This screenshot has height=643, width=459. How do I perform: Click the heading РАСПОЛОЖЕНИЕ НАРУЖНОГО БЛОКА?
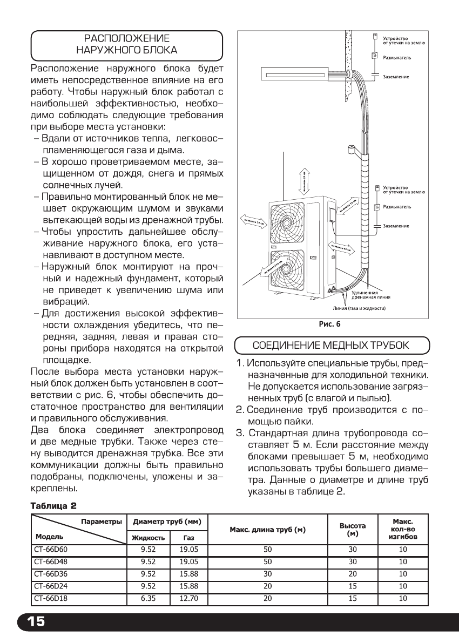[127, 45]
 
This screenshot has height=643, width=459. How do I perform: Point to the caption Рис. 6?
[329, 324]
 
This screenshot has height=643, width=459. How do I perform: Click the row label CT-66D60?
[49, 549]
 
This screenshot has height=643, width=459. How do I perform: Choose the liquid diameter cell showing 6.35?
[148, 598]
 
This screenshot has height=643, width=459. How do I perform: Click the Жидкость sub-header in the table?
[148, 538]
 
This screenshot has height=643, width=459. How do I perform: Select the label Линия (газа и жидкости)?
[359, 308]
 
